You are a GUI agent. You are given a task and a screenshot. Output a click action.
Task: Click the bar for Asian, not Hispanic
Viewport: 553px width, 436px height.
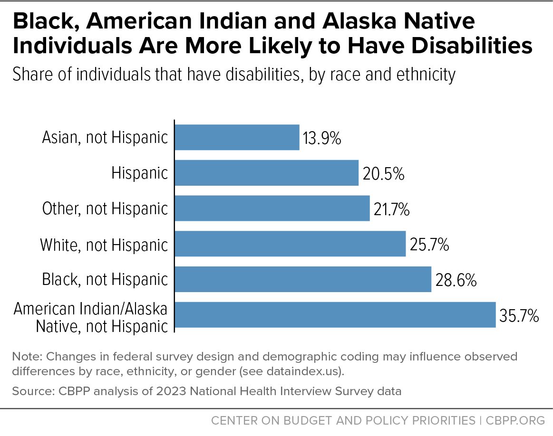[x=237, y=137]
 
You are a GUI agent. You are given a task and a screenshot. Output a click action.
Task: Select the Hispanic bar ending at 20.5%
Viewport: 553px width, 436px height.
[x=267, y=173]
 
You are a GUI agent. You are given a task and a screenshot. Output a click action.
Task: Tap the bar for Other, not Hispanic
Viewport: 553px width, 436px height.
[x=272, y=209]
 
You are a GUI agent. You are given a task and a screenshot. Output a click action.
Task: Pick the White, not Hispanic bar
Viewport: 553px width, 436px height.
[x=290, y=244]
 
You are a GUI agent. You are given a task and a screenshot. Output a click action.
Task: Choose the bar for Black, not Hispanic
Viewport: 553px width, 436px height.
[x=303, y=279]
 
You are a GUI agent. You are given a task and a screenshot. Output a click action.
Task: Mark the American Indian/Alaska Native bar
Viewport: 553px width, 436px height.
[x=335, y=315]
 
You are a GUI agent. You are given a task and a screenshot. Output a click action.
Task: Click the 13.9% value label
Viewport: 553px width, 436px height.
[x=322, y=138]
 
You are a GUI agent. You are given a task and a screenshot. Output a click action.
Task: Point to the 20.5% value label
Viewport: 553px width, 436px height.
[x=383, y=174]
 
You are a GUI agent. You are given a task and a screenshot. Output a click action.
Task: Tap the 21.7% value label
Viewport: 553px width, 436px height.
[x=391, y=209]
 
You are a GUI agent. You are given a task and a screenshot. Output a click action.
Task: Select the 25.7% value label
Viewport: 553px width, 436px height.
[x=429, y=245]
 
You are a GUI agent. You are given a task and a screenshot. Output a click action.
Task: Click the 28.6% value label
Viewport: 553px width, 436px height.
[x=456, y=280]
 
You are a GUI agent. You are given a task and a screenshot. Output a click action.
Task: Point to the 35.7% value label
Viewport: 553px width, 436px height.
[x=519, y=315]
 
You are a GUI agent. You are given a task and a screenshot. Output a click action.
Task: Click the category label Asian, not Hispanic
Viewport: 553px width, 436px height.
[x=105, y=137]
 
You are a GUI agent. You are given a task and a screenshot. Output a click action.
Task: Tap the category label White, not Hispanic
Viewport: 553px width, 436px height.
[x=104, y=245]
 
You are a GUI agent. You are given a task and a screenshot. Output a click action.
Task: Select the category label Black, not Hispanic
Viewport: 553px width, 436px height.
[x=105, y=279]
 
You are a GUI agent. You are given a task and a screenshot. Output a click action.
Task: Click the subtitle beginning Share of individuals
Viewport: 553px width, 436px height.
[x=234, y=75]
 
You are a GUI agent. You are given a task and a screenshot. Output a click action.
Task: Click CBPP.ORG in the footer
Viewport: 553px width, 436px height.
[x=515, y=420]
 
